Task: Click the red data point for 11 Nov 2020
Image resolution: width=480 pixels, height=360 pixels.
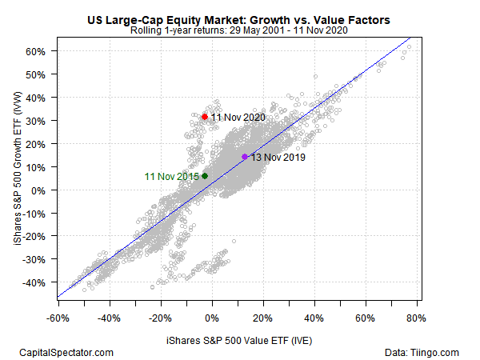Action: pos(205,117)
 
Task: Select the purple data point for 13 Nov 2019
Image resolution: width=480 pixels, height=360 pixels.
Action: pos(245,157)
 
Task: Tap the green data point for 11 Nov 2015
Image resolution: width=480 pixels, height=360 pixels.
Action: pos(205,176)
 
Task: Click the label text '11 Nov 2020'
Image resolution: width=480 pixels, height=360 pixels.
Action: pos(238,118)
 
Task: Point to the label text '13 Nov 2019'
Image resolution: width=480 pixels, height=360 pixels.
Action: pos(278,158)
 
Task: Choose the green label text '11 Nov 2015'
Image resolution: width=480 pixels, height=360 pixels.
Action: pos(171,176)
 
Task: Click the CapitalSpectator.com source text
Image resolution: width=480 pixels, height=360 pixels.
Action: pos(66,353)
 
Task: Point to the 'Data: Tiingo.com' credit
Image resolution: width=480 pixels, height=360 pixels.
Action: pos(422,353)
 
